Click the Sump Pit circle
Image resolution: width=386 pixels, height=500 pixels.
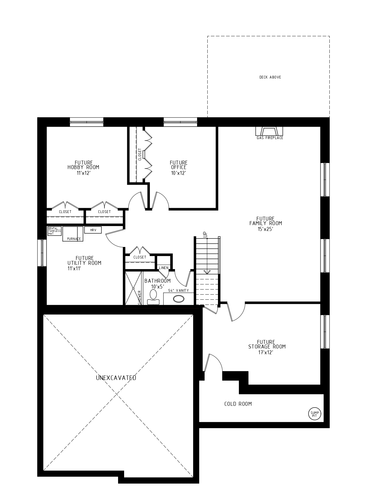tap(314, 413)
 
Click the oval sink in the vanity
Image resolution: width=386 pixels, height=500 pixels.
tap(178, 299)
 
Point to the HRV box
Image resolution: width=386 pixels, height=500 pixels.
tap(93, 230)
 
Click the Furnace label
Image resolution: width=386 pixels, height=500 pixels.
tap(74, 239)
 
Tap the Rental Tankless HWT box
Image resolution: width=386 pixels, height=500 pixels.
tap(54, 231)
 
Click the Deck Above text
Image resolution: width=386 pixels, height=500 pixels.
tap(270, 77)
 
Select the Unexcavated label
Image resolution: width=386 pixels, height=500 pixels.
tap(116, 378)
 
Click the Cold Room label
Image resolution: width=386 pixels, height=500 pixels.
tap(238, 404)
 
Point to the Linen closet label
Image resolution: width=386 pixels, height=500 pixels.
tap(163, 268)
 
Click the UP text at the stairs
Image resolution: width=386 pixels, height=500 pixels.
tap(205, 234)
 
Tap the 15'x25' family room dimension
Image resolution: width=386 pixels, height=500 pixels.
tap(266, 229)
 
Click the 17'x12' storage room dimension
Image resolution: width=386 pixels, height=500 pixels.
tap(266, 352)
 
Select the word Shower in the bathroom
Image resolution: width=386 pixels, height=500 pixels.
tap(140, 297)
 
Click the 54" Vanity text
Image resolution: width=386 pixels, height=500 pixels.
tap(179, 291)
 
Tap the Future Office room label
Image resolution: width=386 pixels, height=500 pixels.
tap(178, 165)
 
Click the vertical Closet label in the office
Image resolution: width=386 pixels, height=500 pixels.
tap(140, 154)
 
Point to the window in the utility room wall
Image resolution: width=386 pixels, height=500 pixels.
tap(42, 253)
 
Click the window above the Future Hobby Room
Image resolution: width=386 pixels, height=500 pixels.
tap(87, 122)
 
